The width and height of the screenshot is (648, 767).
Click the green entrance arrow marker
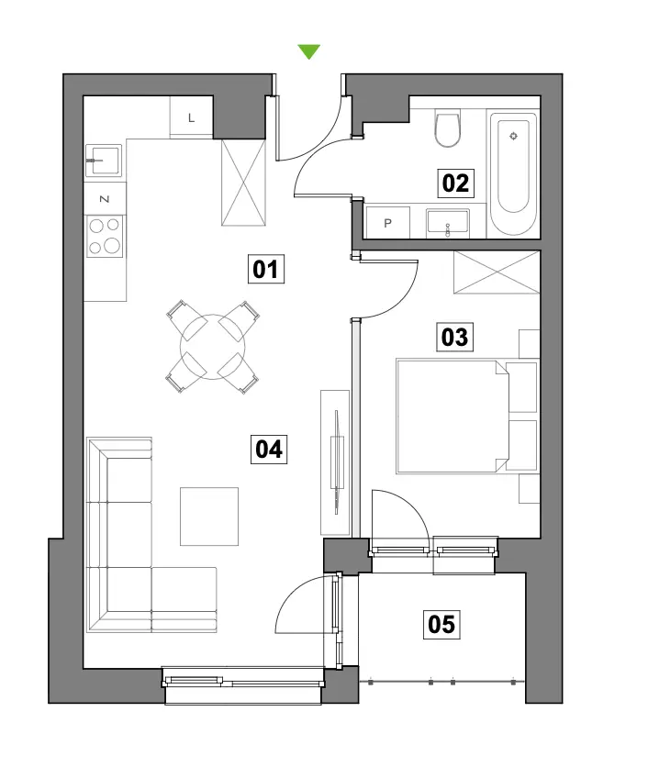pyautogui.click(x=308, y=50)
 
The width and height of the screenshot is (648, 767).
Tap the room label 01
pyautogui.click(x=266, y=269)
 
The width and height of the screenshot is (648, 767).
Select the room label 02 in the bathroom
pyautogui.click(x=455, y=183)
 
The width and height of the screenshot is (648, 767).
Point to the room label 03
pyautogui.click(x=454, y=337)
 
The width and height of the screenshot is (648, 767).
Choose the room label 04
pyautogui.click(x=269, y=449)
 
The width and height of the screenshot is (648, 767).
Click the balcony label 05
pyautogui.click(x=441, y=624)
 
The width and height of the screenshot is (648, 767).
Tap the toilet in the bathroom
pyautogui.click(x=447, y=128)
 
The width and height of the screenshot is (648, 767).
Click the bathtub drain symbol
pyautogui.click(x=513, y=136)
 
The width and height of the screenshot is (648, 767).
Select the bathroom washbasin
pyautogui.click(x=448, y=223)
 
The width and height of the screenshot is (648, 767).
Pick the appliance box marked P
pyautogui.click(x=387, y=223)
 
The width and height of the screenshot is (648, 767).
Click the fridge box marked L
pyautogui.click(x=191, y=117)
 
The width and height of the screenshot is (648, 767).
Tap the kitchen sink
pyautogui.click(x=104, y=160)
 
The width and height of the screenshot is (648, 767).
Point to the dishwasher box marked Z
pyautogui.click(x=105, y=198)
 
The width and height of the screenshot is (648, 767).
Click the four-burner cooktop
pyautogui.click(x=105, y=237)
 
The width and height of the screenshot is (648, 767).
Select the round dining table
pyautogui.click(x=212, y=347)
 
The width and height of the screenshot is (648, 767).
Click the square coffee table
pyautogui.click(x=209, y=516)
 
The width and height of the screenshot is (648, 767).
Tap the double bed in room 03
pyautogui.click(x=452, y=417)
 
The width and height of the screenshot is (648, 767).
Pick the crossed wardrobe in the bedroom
pyautogui.click(x=497, y=272)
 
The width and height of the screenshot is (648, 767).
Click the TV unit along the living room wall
pyautogui.click(x=335, y=462)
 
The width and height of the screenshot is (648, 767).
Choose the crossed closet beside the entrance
pyautogui.click(x=244, y=183)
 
